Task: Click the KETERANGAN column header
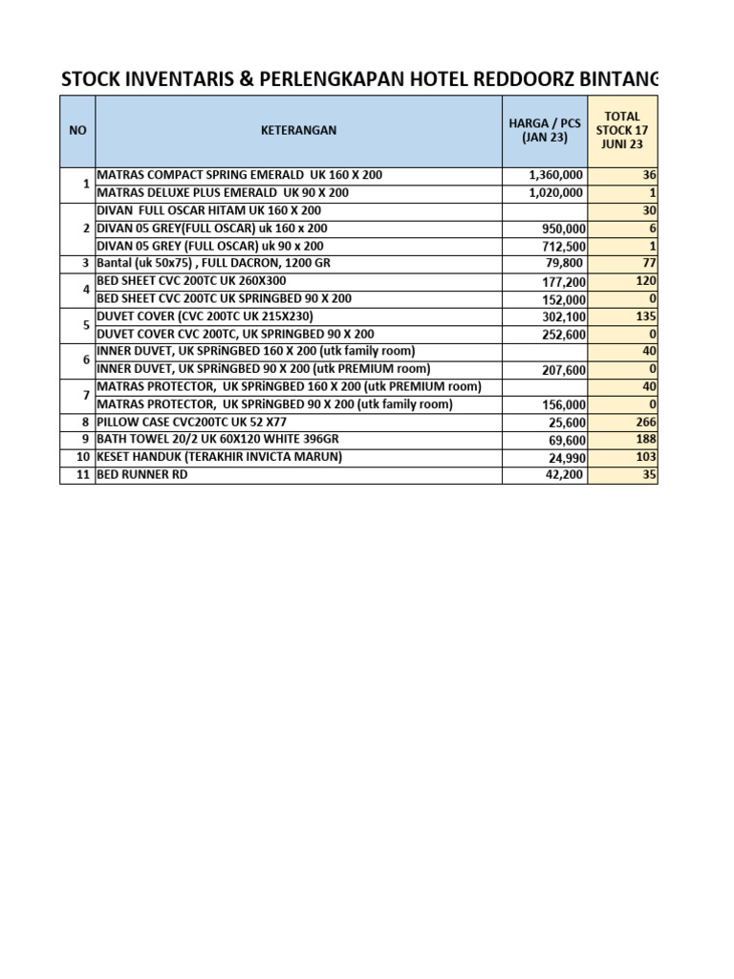(298, 130)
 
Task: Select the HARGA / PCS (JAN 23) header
(545, 130)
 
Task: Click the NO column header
(76, 130)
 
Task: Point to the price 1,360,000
(555, 175)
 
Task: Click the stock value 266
(645, 422)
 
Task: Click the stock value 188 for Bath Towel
(645, 440)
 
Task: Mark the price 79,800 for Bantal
(563, 263)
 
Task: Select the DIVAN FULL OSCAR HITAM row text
(208, 210)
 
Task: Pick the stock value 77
(648, 263)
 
